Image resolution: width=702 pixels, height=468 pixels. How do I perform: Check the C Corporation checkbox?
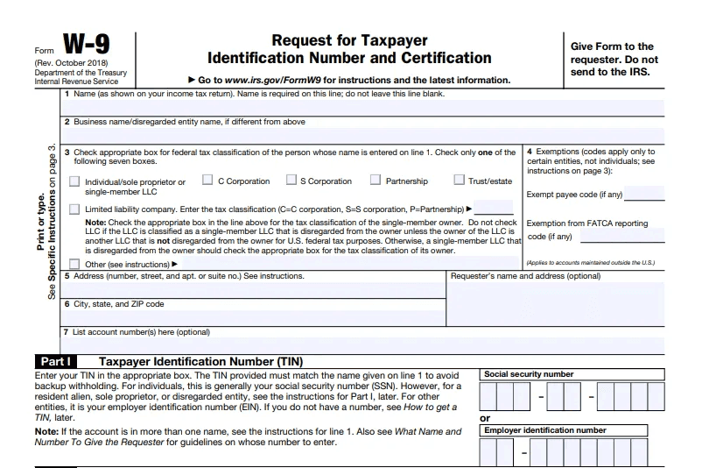coord(207,181)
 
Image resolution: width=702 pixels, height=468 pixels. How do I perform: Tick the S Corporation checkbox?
coord(291,181)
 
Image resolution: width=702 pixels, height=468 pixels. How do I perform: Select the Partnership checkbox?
coord(375,181)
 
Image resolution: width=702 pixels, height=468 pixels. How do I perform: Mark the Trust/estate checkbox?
coord(459,181)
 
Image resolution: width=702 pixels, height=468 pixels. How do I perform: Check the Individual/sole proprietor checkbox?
coord(74,182)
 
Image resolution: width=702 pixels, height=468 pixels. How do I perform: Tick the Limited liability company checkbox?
coord(74,209)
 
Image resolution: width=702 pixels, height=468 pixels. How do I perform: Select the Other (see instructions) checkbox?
coord(74,264)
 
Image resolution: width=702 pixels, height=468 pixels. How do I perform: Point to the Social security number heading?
coord(530,374)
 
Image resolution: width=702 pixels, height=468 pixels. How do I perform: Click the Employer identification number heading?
coord(544,430)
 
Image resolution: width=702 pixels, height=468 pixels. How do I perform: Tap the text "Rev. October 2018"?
coord(69,64)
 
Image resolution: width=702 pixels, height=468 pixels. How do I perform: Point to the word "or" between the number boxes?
coord(486,419)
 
